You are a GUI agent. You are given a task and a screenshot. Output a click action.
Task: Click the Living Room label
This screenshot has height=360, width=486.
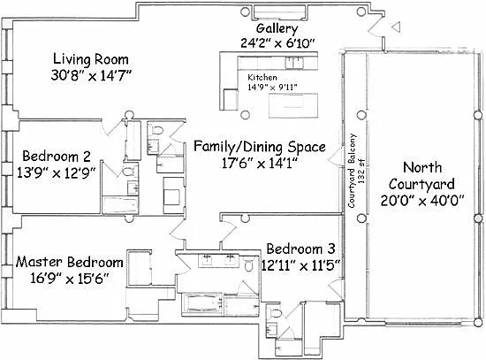90,59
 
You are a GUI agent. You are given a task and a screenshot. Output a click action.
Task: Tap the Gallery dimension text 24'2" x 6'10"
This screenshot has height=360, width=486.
277,42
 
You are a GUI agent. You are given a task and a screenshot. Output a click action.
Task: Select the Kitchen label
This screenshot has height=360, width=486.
262,77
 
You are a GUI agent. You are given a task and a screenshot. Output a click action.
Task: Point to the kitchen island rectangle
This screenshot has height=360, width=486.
293,105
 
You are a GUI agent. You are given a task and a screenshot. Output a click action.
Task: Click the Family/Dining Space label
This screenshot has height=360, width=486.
260,147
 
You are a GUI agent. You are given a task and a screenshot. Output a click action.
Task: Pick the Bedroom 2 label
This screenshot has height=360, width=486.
57,156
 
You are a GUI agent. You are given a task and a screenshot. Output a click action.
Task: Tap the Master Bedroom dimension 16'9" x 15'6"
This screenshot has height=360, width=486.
70,278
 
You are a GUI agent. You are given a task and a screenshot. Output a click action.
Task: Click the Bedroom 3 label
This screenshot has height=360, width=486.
300,249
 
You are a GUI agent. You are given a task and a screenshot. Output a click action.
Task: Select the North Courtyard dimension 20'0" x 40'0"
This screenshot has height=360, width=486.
421,201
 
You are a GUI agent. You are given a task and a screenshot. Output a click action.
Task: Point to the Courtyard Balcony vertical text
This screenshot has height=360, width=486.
352,171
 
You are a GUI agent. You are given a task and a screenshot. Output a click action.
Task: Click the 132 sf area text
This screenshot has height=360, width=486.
361,171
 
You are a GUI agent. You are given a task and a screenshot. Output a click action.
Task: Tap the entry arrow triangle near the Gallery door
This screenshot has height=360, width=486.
397,27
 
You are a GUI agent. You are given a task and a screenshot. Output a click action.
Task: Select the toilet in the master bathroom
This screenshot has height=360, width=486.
248,264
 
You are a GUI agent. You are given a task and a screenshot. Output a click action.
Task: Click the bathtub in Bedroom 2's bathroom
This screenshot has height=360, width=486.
119,205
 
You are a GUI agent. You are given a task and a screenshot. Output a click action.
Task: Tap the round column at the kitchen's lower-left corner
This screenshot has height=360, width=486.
245,115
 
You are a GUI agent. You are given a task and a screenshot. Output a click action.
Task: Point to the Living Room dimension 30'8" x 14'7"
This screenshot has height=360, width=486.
91,75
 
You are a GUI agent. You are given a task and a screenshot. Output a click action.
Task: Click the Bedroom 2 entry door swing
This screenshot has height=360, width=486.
113,127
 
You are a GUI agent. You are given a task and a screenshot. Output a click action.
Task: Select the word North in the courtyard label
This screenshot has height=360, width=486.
422,167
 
